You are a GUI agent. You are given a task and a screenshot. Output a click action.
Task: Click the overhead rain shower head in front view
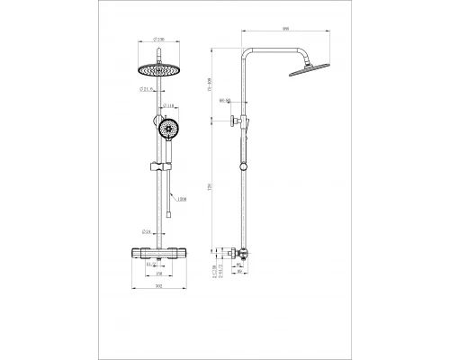click(158, 69)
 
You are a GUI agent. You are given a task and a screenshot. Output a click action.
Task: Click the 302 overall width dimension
click(158, 286)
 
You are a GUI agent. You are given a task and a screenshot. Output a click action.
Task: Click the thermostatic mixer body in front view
click(158, 252)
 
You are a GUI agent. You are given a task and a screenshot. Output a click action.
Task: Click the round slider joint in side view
click(242, 166)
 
